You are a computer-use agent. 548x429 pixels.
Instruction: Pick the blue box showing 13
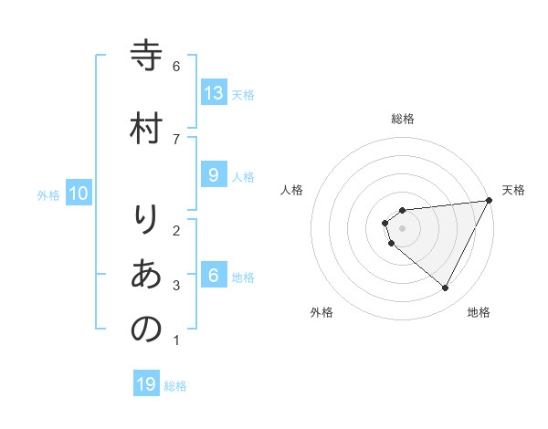[214, 92]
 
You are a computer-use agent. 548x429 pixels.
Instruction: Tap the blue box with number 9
[214, 175]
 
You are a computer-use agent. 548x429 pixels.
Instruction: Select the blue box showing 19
[146, 384]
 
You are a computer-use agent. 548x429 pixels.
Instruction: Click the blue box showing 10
[79, 193]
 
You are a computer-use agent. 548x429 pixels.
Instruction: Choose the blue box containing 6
[214, 276]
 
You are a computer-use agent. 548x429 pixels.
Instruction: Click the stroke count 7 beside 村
[175, 139]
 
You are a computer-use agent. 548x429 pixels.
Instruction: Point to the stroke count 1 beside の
[175, 341]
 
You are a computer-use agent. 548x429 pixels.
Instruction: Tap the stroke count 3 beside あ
[175, 286]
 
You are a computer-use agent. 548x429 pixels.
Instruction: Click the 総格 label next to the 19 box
[175, 386]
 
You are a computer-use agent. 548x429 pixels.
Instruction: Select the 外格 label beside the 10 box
[48, 194]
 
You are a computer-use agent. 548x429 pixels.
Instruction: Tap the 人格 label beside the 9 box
[243, 177]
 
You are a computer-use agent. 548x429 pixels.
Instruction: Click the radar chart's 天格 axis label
[513, 190]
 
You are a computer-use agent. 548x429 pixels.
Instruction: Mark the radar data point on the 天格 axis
[489, 201]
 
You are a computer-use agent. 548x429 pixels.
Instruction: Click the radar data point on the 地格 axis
[445, 288]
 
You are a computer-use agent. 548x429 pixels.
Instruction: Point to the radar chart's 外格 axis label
[321, 312]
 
